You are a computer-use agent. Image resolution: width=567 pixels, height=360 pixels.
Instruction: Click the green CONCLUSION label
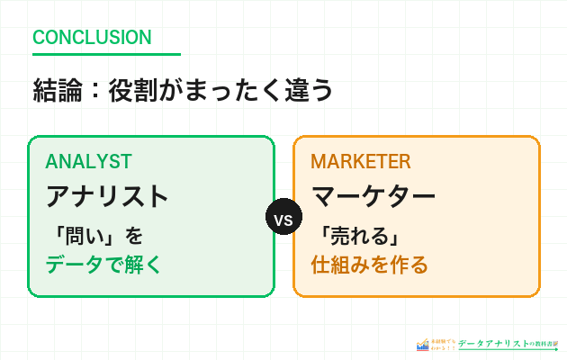click(x=92, y=38)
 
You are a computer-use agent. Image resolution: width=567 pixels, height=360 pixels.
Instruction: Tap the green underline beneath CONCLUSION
click(x=106, y=55)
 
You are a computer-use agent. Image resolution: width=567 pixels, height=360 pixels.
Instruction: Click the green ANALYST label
click(x=88, y=161)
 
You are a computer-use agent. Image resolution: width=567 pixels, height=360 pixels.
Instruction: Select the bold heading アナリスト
click(x=107, y=196)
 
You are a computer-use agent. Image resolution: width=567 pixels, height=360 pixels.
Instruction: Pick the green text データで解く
click(x=103, y=265)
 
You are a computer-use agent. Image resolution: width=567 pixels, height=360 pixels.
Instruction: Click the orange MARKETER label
click(x=360, y=161)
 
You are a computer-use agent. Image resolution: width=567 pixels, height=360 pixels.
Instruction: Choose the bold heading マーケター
click(x=373, y=196)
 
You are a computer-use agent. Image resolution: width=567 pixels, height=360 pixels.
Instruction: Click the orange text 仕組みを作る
click(x=369, y=265)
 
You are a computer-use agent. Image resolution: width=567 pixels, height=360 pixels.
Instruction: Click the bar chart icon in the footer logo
click(x=422, y=345)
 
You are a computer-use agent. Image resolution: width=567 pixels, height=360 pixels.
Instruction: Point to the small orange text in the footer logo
click(x=443, y=345)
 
